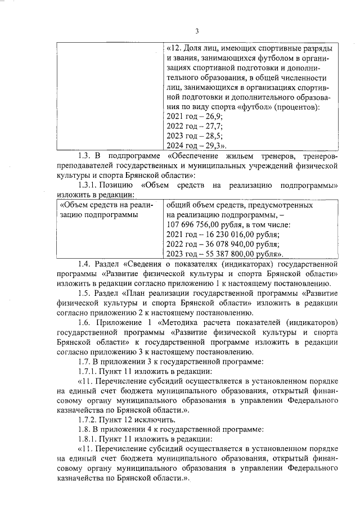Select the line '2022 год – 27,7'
point(195,127)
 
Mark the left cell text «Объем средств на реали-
point(107,205)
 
